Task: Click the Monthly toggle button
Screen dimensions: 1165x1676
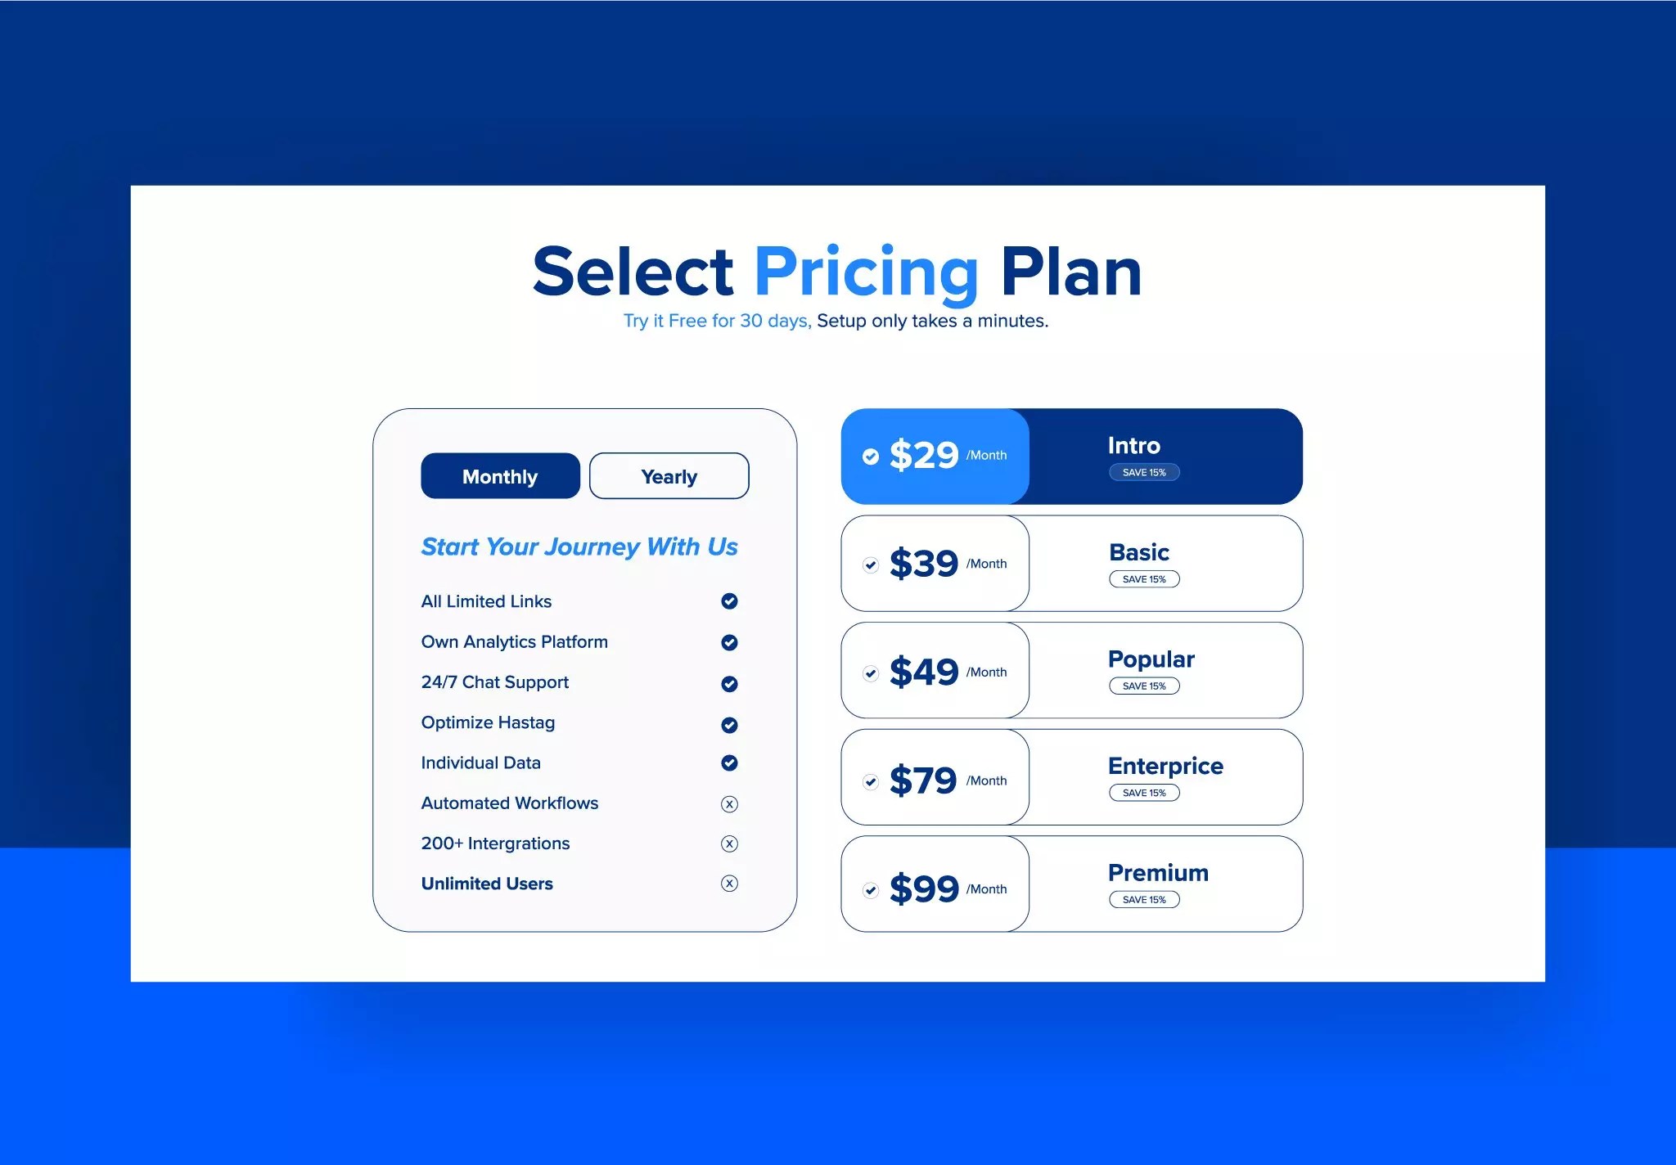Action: tap(500, 476)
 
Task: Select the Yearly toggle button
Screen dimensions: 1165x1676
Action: tap(669, 476)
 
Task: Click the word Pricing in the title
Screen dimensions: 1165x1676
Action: tap(866, 272)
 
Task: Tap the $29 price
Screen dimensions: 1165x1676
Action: tap(923, 456)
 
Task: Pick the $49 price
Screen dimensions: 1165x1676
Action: tap(923, 672)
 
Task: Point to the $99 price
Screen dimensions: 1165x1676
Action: tap(923, 889)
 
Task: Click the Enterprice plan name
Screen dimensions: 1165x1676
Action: tap(1165, 766)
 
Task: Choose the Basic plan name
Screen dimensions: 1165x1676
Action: tap(1139, 552)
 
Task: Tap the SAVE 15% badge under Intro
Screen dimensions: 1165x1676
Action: tap(1144, 473)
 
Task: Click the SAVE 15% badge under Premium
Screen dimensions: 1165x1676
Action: tap(1144, 900)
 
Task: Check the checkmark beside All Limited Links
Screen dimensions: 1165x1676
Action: tap(729, 601)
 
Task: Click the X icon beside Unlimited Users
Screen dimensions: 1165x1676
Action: tap(729, 884)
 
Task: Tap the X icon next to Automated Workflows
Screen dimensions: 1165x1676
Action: tap(729, 804)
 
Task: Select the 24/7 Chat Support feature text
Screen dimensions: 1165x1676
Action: tap(494, 682)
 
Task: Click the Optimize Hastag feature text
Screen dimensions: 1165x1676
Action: tap(488, 722)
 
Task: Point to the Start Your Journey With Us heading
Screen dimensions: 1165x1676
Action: tap(579, 547)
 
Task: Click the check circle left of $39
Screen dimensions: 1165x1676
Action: tap(871, 565)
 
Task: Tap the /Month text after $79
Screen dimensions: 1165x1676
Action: tap(986, 780)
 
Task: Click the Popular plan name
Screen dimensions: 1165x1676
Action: tap(1151, 659)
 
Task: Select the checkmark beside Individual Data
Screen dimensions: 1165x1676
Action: tap(729, 762)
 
